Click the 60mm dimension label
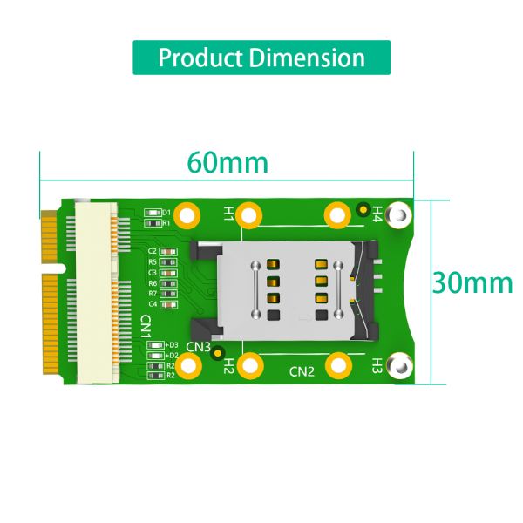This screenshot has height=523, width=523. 228,163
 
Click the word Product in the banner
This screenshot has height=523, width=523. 200,58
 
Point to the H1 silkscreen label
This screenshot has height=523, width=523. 228,212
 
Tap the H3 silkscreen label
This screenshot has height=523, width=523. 377,363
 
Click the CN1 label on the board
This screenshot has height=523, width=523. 146,327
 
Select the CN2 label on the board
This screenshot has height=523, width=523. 302,372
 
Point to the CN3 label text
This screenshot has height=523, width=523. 199,347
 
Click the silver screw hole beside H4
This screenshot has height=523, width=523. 399,213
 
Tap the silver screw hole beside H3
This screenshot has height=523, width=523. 399,366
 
